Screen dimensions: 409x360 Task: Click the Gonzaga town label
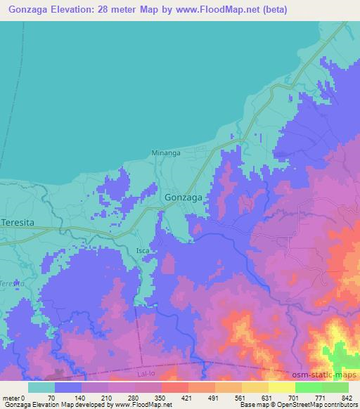[184, 197]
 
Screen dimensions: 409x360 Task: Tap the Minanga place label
[166, 152]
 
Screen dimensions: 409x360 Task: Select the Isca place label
[143, 250]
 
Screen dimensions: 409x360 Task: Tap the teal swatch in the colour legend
[41, 387]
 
